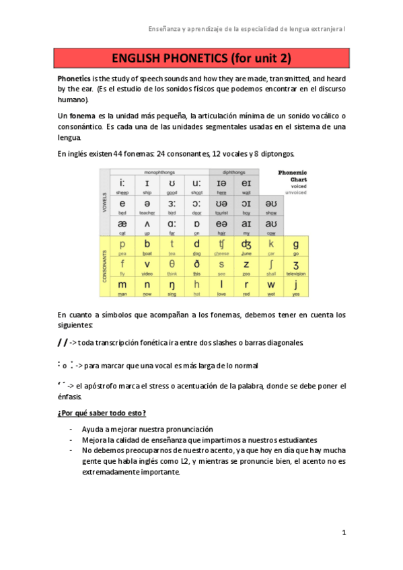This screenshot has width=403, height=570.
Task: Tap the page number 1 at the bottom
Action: [x=343, y=533]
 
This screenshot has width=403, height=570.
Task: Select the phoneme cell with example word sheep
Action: [x=122, y=186]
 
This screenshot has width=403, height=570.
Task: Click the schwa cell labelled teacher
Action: [x=147, y=205]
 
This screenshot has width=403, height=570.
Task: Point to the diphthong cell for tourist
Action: [x=221, y=205]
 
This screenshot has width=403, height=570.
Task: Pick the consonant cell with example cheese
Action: [x=221, y=247]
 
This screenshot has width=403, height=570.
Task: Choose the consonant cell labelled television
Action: [x=295, y=267]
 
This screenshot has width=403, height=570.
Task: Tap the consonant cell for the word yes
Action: [x=295, y=287]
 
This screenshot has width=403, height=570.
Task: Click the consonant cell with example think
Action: [x=172, y=267]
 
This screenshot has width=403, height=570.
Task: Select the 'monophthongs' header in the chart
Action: [x=159, y=172]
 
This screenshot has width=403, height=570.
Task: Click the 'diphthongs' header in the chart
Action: [x=233, y=172]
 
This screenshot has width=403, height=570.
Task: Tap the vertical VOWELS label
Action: [x=104, y=205]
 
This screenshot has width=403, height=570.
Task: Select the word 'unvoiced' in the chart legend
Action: [x=296, y=192]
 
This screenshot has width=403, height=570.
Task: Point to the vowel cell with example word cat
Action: [x=122, y=225]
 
